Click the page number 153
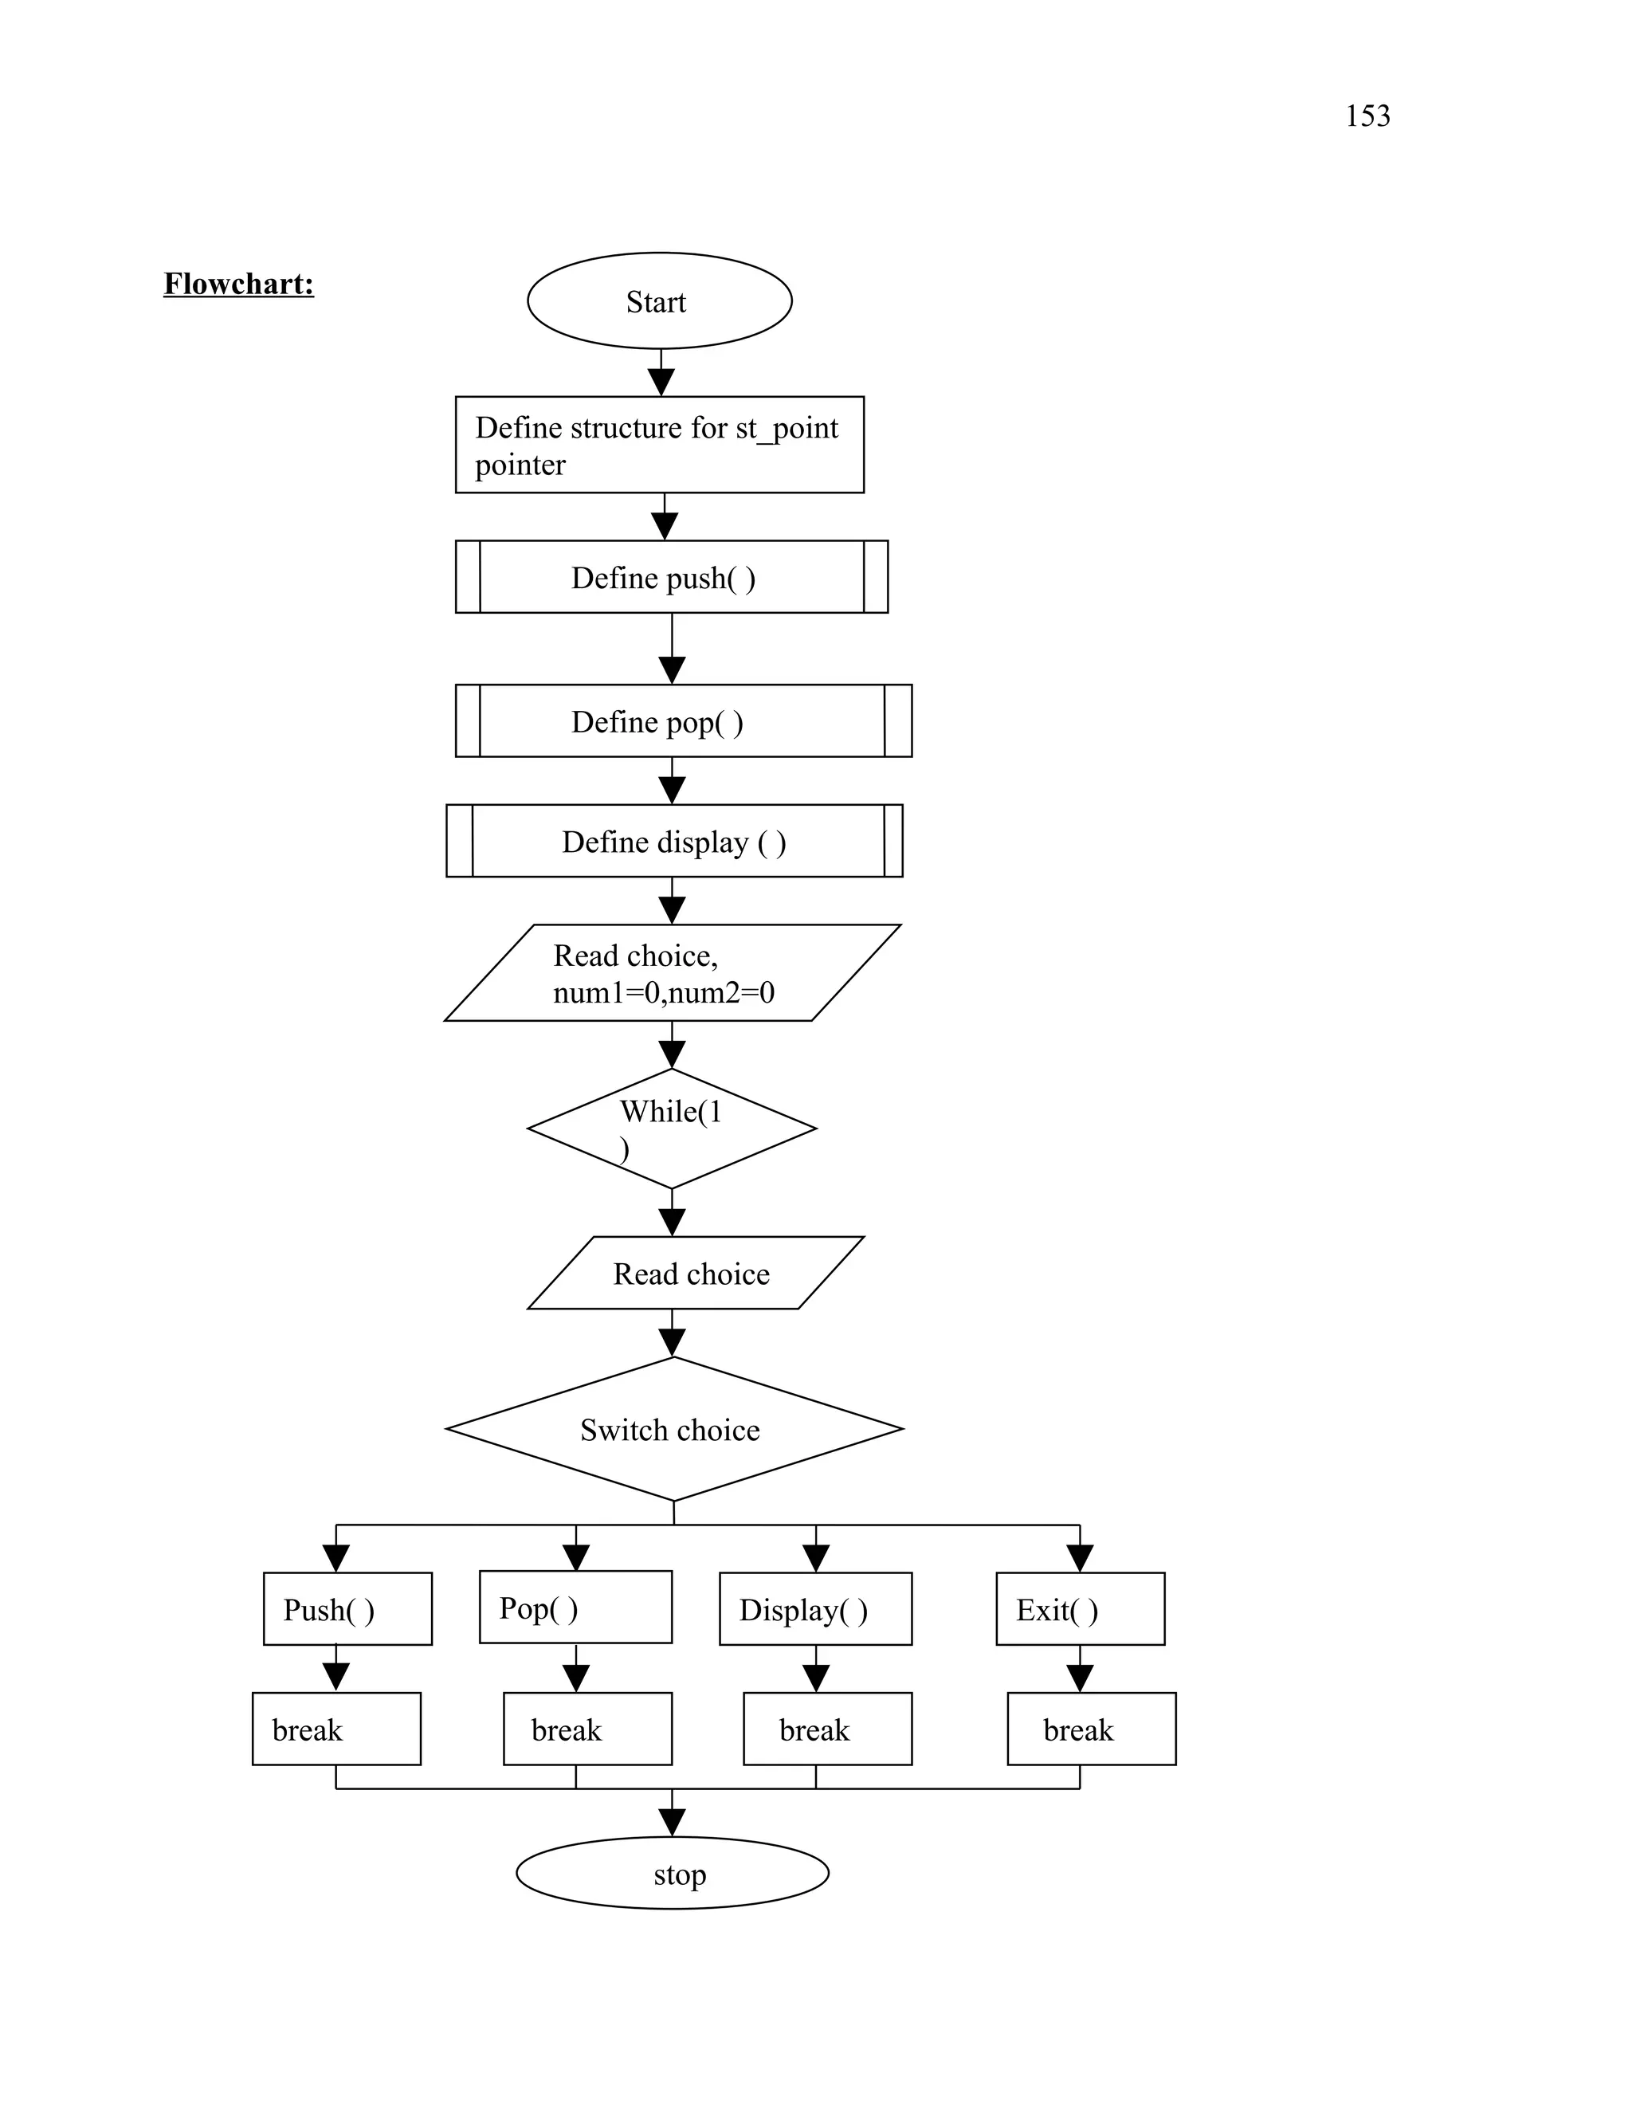click(x=1367, y=116)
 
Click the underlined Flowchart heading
click(x=239, y=284)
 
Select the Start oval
click(x=659, y=300)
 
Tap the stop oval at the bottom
click(x=672, y=1873)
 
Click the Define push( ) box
click(x=671, y=577)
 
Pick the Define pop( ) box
click(x=683, y=721)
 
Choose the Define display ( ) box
click(x=674, y=842)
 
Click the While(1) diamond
click(x=672, y=1129)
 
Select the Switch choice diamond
click(x=674, y=1429)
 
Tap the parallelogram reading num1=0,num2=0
click(x=672, y=973)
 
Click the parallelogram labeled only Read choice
click(x=694, y=1274)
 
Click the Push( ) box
click(x=347, y=1609)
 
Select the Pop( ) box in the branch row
click(x=575, y=1608)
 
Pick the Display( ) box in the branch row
click(x=815, y=1609)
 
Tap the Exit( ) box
click(x=1080, y=1609)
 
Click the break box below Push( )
click(x=336, y=1729)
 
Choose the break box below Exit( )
click(x=1092, y=1729)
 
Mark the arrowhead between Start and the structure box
click(x=661, y=382)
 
